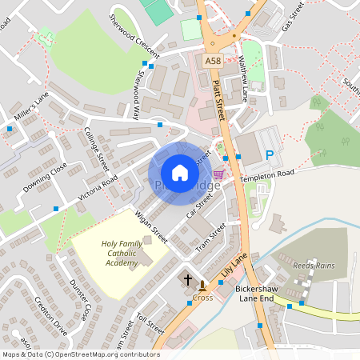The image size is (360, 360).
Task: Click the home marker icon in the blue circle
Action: click(x=180, y=173)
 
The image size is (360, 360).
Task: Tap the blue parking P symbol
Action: click(x=270, y=155)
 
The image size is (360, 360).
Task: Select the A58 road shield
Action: click(x=212, y=61)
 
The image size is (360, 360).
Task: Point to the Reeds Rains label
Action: click(x=314, y=266)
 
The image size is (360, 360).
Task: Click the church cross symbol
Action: click(x=188, y=279)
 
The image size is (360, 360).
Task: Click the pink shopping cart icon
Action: click(x=218, y=174)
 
